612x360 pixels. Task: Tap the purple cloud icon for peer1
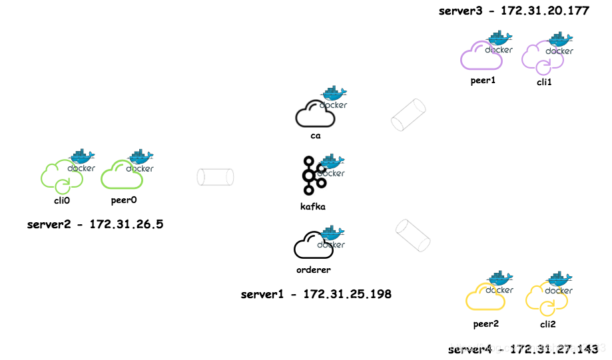click(x=481, y=57)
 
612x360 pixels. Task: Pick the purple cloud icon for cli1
click(x=541, y=59)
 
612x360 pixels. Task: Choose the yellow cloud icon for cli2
click(x=545, y=298)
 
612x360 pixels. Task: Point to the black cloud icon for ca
click(x=314, y=114)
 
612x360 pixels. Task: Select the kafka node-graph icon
click(x=313, y=176)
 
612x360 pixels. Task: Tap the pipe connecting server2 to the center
click(x=215, y=177)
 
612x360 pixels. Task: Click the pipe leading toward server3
click(x=408, y=115)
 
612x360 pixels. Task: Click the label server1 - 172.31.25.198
click(x=316, y=293)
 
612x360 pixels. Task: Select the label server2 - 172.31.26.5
click(x=95, y=224)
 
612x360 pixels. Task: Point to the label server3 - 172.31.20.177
click(x=513, y=11)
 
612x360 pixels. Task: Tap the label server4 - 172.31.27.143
click(x=523, y=349)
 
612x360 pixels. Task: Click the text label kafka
click(x=313, y=206)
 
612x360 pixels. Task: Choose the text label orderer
click(x=313, y=270)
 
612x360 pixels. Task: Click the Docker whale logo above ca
click(x=334, y=96)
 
